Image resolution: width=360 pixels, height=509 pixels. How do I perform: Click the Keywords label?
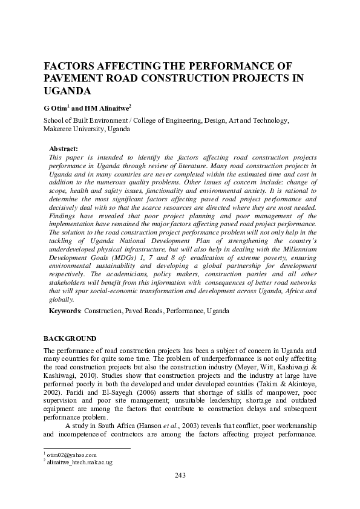click(x=64, y=310)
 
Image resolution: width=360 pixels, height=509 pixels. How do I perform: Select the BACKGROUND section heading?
click(x=70, y=337)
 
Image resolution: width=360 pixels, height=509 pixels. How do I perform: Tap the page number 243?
click(x=180, y=475)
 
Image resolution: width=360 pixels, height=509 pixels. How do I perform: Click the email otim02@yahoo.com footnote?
click(x=71, y=454)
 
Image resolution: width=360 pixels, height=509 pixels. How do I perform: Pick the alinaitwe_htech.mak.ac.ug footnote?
click(x=79, y=462)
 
